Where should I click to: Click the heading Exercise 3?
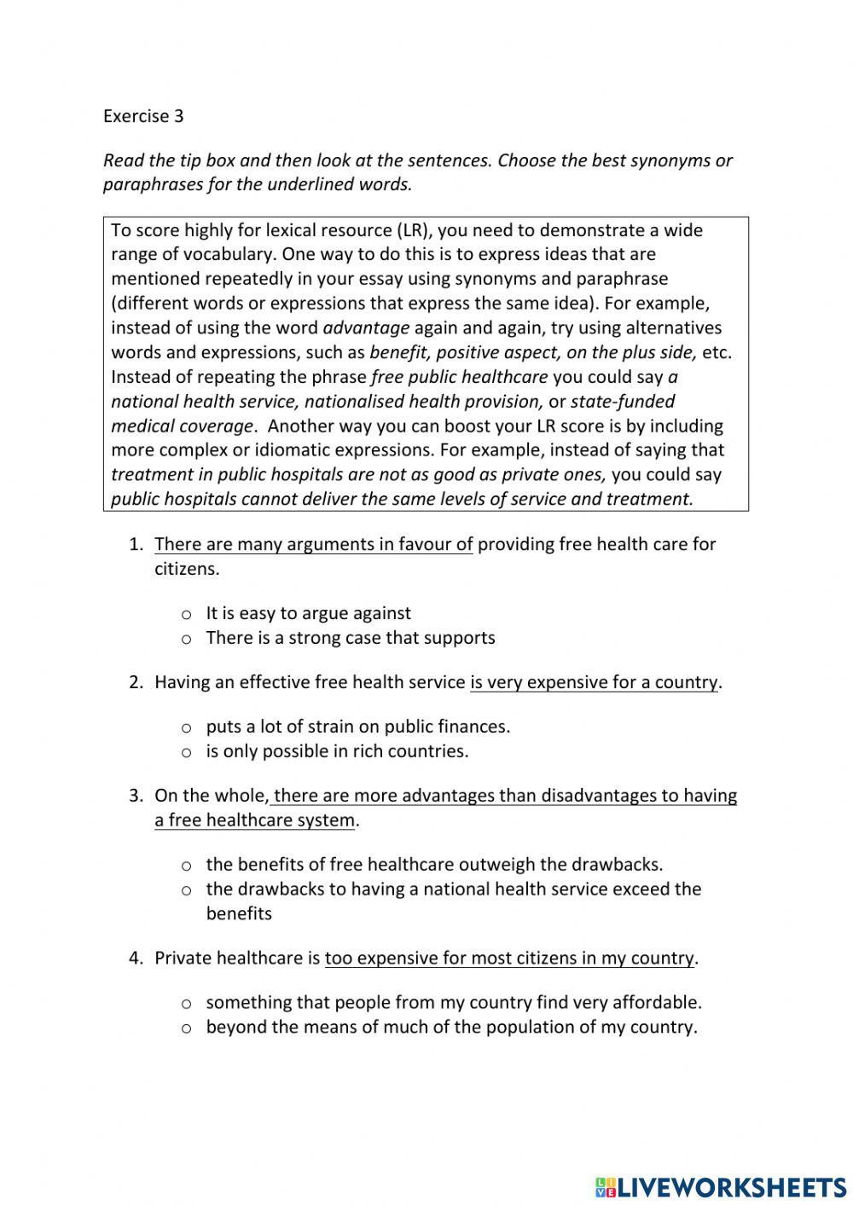[142, 116]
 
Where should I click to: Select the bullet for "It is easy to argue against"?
[186, 615]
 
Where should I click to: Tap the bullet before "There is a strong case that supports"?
[186, 640]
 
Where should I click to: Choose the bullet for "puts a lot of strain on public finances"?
[186, 728]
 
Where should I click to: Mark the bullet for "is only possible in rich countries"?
[186, 753]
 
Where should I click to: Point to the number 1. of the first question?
[136, 544]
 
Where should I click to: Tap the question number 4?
[136, 958]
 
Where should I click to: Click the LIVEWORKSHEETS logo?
[721, 1186]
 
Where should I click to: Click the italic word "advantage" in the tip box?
[366, 328]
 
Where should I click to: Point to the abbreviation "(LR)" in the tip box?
[415, 230]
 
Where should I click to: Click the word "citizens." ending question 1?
[187, 569]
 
